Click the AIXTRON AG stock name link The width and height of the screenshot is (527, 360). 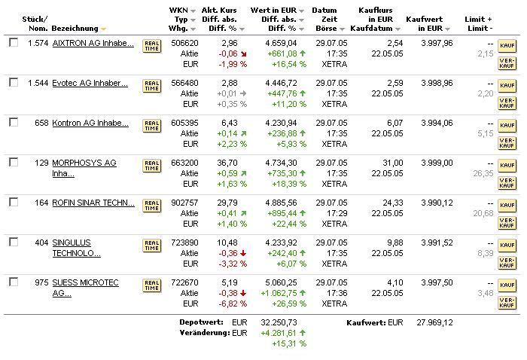coord(93,44)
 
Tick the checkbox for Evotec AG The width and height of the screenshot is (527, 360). coord(14,83)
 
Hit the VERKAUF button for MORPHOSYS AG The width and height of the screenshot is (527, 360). coord(507,182)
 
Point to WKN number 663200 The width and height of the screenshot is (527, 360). coord(184,163)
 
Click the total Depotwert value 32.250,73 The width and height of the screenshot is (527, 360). coord(279,323)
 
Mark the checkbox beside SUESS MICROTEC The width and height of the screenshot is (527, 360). coord(14,282)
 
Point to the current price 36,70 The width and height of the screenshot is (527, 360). coord(228,163)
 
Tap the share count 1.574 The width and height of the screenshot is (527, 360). coord(38,44)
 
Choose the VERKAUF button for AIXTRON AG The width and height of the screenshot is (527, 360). coord(507,63)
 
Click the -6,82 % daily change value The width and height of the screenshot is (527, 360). coord(232,304)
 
